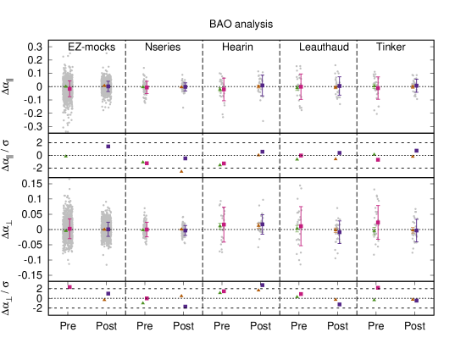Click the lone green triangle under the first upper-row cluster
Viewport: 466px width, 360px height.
[x=65, y=156]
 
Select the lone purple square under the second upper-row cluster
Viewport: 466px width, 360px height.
[x=108, y=147]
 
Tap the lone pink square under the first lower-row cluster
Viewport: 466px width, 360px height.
[x=69, y=287]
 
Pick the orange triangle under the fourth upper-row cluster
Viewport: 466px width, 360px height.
[x=181, y=171]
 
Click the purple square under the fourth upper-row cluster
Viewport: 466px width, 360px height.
[x=185, y=158]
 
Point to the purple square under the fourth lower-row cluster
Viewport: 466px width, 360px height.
[x=185, y=307]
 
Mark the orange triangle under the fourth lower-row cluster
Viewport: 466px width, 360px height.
[x=181, y=296]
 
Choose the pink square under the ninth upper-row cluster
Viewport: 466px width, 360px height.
[x=378, y=159]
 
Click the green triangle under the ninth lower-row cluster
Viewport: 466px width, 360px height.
[x=374, y=299]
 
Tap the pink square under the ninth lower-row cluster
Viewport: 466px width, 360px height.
[x=378, y=288]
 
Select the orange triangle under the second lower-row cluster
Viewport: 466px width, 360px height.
[x=104, y=300]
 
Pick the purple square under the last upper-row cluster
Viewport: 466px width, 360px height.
[x=416, y=151]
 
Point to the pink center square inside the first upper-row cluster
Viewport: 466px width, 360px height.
[x=69, y=88]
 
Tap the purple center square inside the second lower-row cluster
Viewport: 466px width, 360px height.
[x=108, y=229]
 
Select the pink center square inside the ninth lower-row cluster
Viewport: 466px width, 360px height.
[x=378, y=223]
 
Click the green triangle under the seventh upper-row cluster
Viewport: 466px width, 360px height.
[x=297, y=158]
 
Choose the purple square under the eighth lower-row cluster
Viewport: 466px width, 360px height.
[x=339, y=304]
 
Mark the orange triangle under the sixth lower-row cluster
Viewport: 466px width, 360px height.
[x=258, y=290]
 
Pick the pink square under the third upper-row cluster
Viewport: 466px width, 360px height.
[x=147, y=163]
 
